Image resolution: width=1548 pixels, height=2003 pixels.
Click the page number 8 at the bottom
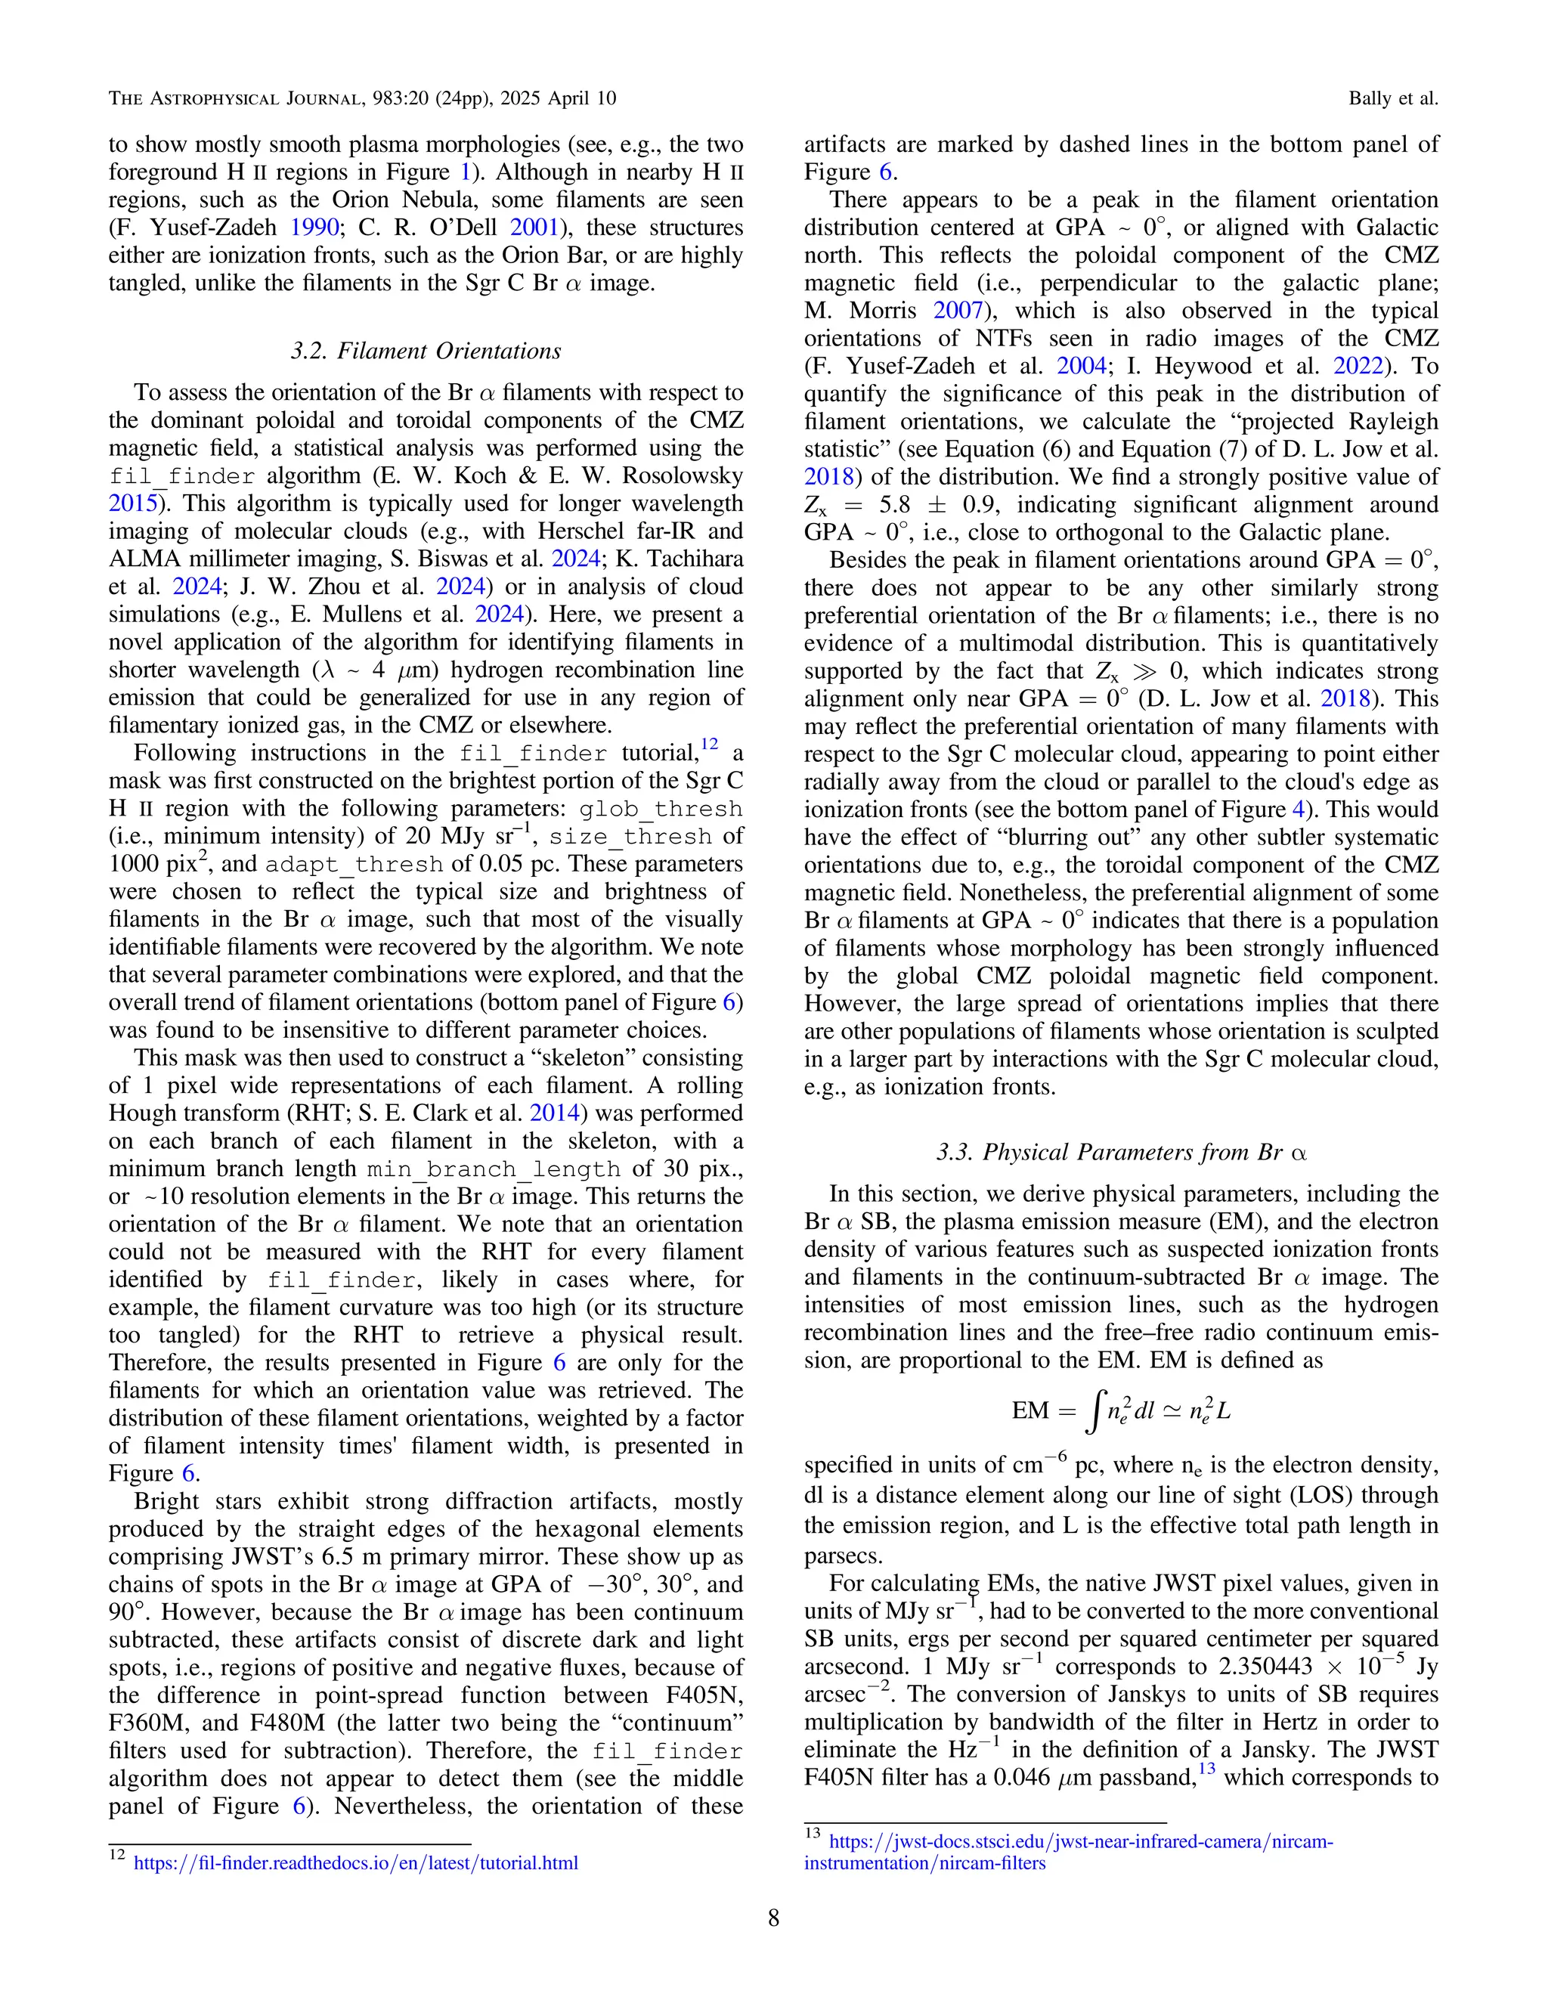[x=773, y=1918]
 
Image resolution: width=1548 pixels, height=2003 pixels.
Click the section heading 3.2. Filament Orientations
[x=426, y=351]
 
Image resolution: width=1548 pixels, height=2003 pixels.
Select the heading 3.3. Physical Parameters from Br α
[x=1121, y=1152]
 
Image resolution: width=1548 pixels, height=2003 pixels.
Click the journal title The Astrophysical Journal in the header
[x=232, y=98]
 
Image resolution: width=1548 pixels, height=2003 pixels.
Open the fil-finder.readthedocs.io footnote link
[x=356, y=1862]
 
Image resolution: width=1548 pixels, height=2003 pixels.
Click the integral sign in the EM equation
[x=1091, y=1411]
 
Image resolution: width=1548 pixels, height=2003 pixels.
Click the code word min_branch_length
[x=494, y=1169]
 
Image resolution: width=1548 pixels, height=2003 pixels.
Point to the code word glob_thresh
[x=661, y=809]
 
